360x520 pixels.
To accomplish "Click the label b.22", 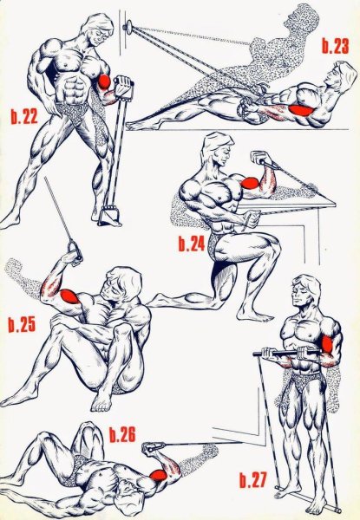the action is point(24,116).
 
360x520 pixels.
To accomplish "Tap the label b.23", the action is point(336,46).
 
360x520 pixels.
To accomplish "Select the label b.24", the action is point(192,244).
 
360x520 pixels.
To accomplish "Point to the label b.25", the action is point(22,324).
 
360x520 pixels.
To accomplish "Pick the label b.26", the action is point(122,434).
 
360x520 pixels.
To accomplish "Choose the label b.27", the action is point(253,480).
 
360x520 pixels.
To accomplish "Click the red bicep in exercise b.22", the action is point(104,81).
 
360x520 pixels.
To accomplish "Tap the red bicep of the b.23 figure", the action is point(301,110).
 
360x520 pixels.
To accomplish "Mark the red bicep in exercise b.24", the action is point(250,183).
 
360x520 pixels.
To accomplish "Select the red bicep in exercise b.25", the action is point(69,296).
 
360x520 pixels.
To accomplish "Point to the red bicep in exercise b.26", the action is point(159,475).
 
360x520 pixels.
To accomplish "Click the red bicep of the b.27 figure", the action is point(327,344).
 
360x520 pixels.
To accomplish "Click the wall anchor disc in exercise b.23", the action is point(128,27).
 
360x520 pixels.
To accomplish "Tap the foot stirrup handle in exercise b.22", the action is point(108,216).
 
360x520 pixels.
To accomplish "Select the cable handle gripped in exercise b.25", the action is point(75,251).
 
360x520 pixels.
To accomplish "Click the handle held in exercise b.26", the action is point(153,448).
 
